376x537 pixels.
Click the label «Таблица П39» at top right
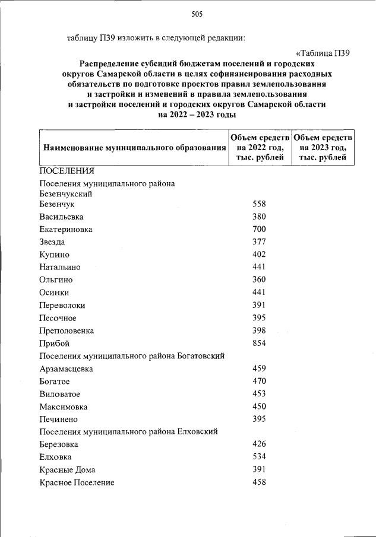322,52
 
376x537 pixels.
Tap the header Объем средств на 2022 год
260,147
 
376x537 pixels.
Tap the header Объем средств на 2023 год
323,147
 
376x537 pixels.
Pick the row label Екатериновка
66,229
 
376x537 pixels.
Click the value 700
259,229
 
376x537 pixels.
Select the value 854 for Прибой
259,343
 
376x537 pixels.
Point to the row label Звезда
52,242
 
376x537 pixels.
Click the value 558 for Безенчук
259,204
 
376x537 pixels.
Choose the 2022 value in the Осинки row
259,292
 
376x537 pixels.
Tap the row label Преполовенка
67,331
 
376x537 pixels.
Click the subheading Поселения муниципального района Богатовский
134,356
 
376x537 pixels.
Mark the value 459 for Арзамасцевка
259,368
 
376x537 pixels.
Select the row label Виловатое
59,394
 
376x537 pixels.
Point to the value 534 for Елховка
259,457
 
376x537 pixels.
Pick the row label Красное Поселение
77,482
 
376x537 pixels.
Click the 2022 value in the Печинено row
259,419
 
